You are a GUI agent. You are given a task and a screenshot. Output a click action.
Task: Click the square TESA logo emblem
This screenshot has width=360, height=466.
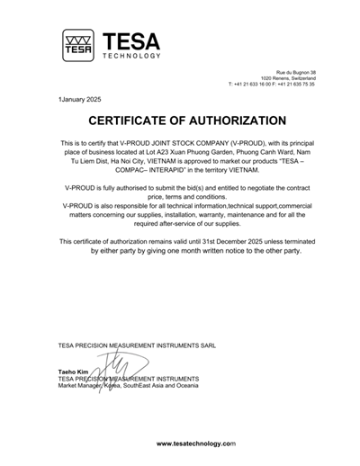(78, 45)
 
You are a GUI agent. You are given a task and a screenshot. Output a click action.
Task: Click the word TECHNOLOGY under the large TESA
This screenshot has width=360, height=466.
(131, 56)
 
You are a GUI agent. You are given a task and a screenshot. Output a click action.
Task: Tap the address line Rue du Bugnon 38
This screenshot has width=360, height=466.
(295, 71)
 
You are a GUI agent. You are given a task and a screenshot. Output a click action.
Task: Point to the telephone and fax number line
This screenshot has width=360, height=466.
(272, 84)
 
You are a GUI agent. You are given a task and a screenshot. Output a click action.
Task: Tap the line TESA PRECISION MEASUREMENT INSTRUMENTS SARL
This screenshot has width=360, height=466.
(137, 345)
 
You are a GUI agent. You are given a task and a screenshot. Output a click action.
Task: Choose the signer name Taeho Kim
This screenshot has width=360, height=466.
(73, 371)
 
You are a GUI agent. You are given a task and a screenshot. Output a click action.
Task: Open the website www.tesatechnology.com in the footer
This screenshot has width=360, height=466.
(195, 444)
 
